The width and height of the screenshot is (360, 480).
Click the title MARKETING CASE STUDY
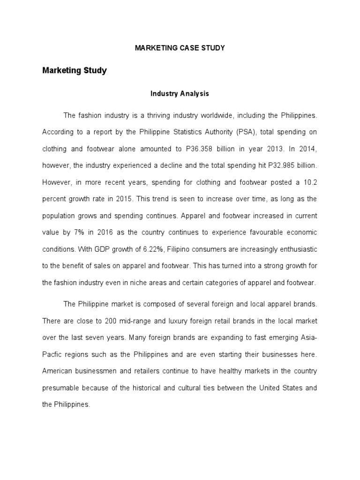pos(180,48)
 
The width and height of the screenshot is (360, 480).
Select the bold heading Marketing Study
pos(75,71)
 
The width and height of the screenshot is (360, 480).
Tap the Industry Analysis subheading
pos(180,94)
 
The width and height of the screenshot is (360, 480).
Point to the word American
pos(58,371)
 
